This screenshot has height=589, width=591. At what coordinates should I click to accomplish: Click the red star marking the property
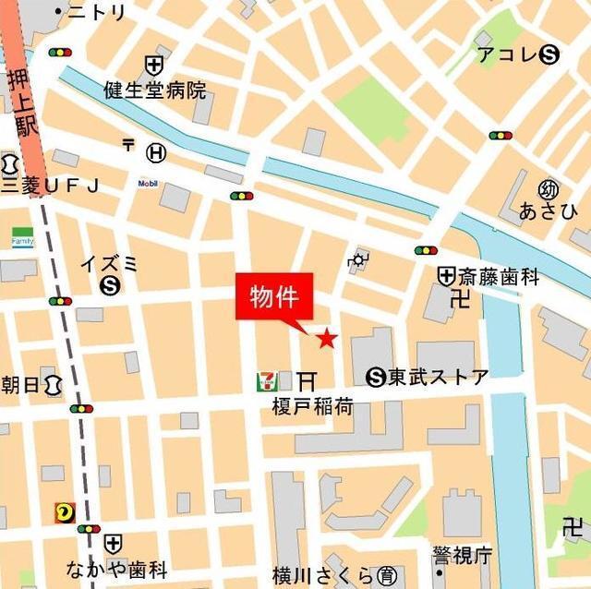[x=327, y=340]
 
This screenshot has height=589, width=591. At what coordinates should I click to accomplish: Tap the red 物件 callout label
[x=274, y=297]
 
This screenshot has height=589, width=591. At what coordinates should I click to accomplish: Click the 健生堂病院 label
[x=155, y=90]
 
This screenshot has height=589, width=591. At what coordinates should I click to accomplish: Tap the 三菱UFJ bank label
[x=49, y=186]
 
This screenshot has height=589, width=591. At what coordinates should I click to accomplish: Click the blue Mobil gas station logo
[x=148, y=183]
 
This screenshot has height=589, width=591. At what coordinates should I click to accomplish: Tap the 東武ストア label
[x=438, y=377]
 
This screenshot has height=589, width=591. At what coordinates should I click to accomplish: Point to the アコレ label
[x=506, y=55]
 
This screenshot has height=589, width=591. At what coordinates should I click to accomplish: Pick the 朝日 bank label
[x=20, y=384]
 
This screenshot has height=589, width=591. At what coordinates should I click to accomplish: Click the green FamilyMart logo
[x=22, y=237]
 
